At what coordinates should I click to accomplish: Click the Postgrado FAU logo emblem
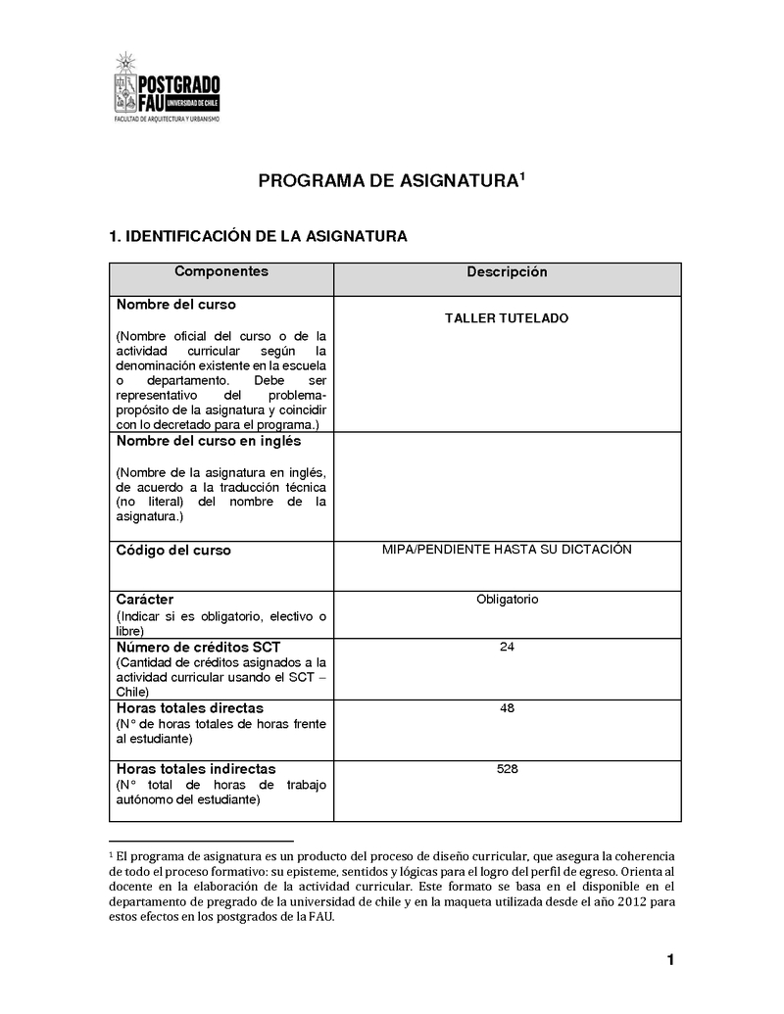(x=125, y=83)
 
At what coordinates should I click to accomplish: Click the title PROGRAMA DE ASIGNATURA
(x=386, y=181)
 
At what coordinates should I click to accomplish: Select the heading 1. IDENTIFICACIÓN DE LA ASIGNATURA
(x=258, y=236)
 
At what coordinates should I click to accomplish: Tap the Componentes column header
(x=220, y=271)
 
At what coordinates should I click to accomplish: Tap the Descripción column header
(x=507, y=272)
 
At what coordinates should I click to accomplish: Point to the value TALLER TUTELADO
(x=506, y=318)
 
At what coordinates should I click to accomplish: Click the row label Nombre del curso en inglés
(x=209, y=441)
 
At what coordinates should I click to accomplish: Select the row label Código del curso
(x=173, y=551)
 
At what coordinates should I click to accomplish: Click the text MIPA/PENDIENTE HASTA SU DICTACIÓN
(x=507, y=550)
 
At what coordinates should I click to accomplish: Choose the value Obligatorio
(x=507, y=600)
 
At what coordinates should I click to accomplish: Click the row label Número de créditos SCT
(x=196, y=648)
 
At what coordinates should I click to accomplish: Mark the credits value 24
(x=507, y=648)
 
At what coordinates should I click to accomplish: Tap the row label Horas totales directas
(x=189, y=707)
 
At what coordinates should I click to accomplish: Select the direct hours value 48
(x=507, y=707)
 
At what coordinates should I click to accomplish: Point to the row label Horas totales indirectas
(x=196, y=769)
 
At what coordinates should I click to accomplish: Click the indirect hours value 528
(x=507, y=769)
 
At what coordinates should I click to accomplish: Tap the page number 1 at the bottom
(x=670, y=960)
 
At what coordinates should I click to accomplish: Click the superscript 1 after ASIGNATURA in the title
(x=522, y=176)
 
